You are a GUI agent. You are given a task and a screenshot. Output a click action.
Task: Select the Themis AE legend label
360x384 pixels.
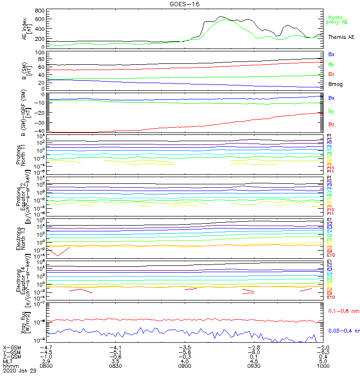pos(341,37)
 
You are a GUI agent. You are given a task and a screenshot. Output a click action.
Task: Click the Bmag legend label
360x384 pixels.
pos(335,84)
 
